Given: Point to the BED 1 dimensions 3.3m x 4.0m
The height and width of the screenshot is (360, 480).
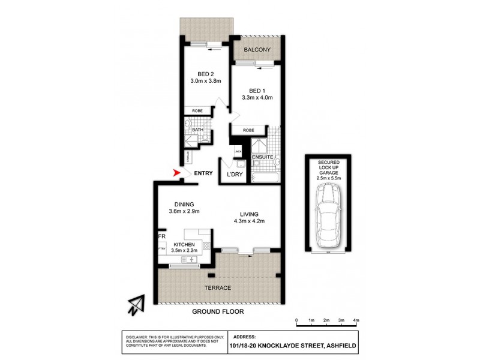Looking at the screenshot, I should point(256,97).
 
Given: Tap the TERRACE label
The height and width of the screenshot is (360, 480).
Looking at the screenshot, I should point(218,288).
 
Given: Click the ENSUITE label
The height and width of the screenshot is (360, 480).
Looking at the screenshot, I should point(263,157).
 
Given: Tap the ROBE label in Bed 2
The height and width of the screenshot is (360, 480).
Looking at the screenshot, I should point(197,111).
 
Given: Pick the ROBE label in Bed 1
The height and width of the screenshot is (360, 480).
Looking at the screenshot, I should point(248,130).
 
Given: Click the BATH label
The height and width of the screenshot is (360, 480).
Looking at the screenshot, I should point(197,130).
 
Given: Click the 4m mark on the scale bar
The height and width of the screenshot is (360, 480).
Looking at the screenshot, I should point(356,321).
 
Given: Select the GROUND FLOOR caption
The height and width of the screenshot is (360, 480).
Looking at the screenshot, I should point(218,312).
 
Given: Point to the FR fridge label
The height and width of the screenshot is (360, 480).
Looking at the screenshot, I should point(161,237).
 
